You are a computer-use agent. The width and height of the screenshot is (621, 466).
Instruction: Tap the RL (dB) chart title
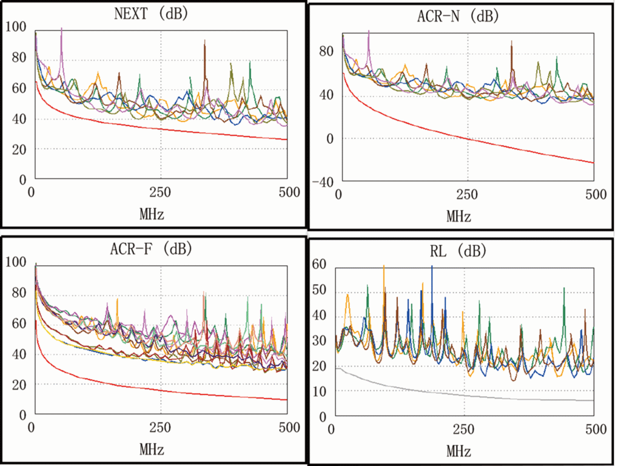pyautogui.click(x=458, y=251)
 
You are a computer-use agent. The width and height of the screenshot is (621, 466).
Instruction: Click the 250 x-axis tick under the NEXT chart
pyautogui.click(x=161, y=193)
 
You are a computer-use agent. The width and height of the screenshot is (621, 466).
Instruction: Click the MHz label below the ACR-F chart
pyautogui.click(x=151, y=450)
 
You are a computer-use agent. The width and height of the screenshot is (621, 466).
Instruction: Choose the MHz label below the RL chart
pyautogui.click(x=458, y=451)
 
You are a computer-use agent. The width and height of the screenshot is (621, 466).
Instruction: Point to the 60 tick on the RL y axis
pyautogui.click(x=320, y=265)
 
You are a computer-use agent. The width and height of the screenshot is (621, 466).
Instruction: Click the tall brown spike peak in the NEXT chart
pyautogui.click(x=205, y=41)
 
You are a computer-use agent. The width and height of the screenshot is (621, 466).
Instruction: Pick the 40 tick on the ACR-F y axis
pyautogui.click(x=18, y=354)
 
